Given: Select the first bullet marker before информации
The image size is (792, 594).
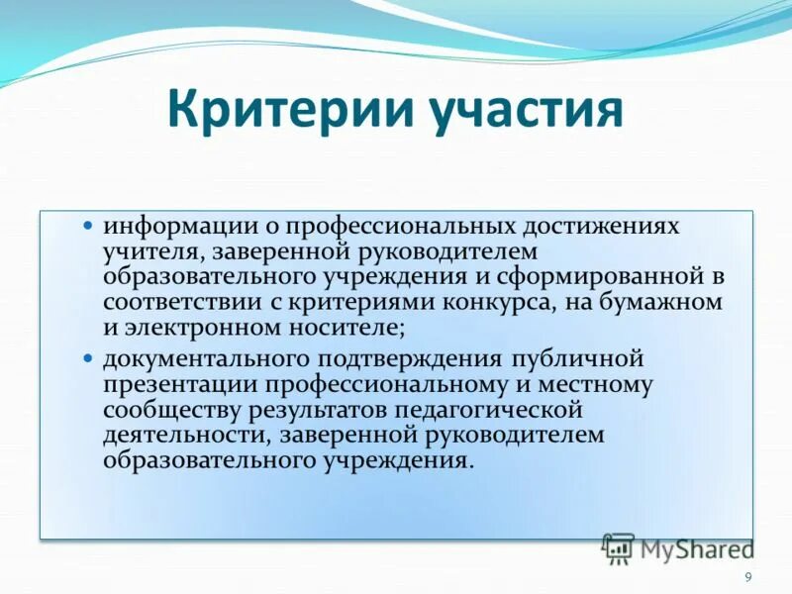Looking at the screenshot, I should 87,225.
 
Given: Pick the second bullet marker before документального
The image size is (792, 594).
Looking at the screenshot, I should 87,355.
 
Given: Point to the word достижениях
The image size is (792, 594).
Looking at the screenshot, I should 610,226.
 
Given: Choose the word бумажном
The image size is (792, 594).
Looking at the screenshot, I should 674,302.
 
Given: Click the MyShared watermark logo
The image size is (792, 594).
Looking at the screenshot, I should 677,547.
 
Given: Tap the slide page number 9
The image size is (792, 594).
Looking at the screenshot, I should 748,577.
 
